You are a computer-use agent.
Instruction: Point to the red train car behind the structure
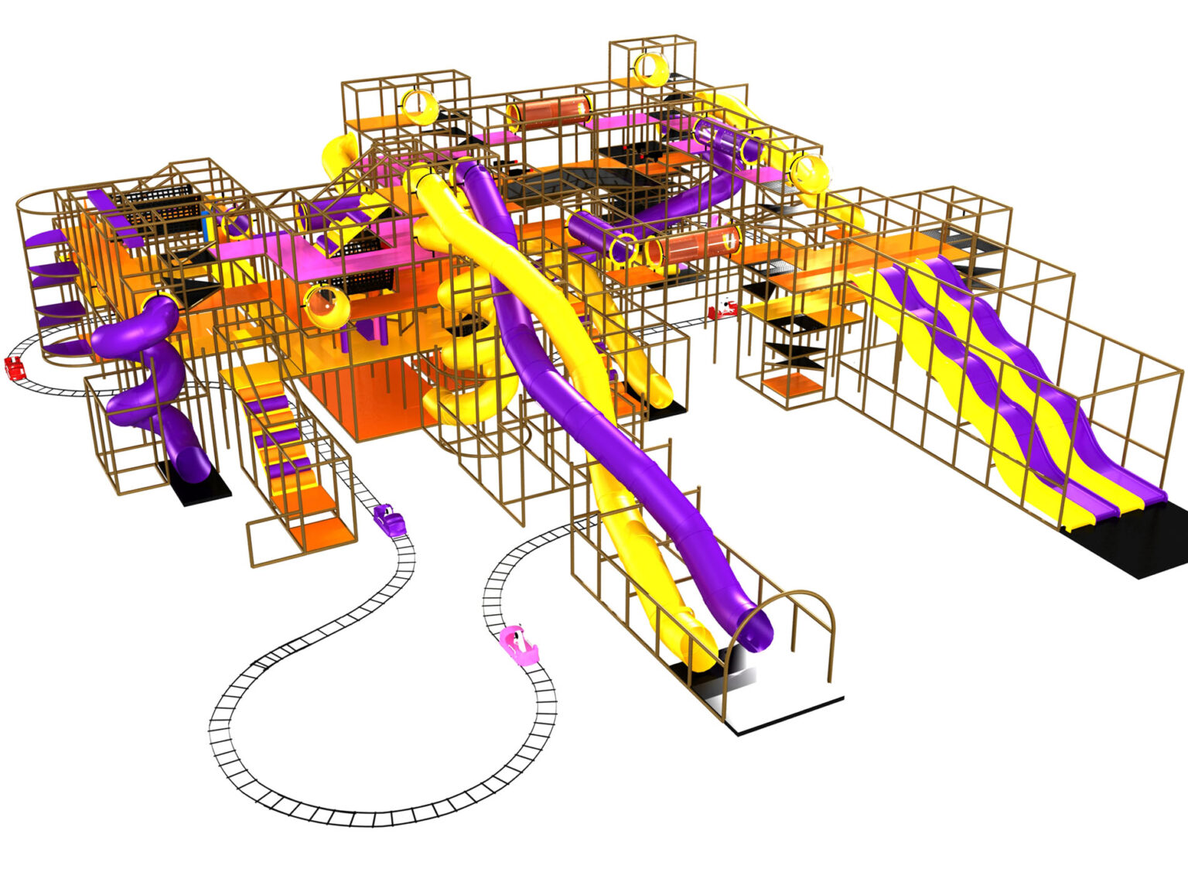click(x=722, y=310)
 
